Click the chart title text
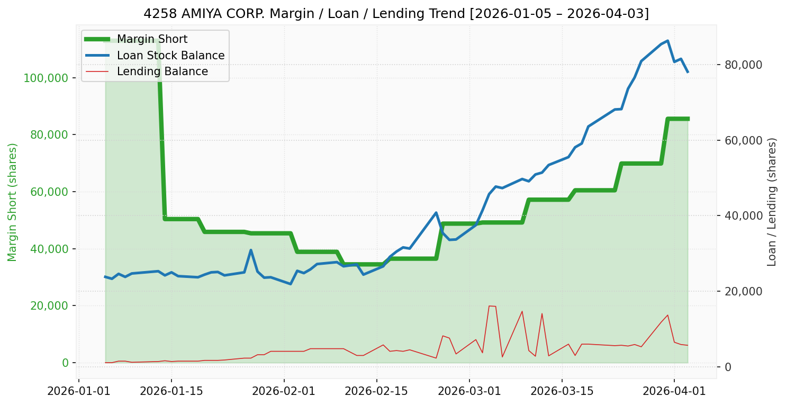point(396,13)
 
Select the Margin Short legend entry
point(152,39)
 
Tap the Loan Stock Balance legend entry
point(170,56)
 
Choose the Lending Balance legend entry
point(162,71)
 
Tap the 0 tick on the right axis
point(728,367)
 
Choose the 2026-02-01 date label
point(284,392)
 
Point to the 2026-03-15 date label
point(561,392)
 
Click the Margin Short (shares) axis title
point(13,202)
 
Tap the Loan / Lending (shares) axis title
point(772,202)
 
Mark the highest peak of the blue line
point(667,41)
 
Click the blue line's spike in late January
point(251,250)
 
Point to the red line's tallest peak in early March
point(489,306)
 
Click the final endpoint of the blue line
point(688,72)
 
